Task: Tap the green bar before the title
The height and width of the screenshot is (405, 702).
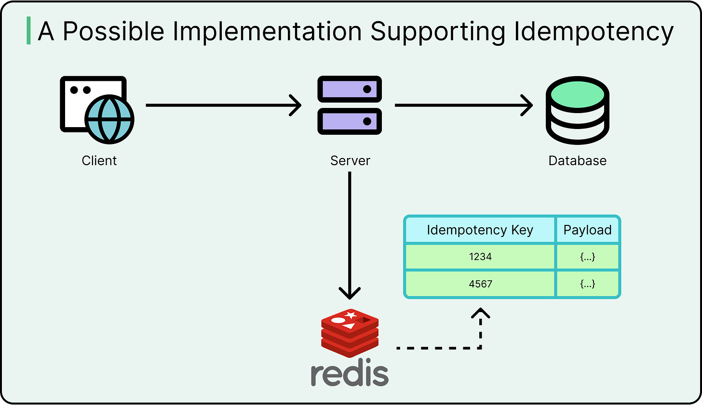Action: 28,30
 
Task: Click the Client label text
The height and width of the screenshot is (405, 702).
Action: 99,160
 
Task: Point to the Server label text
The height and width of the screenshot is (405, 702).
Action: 350,160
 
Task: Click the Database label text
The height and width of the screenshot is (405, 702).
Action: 577,160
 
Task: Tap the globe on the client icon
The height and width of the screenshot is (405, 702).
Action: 109,119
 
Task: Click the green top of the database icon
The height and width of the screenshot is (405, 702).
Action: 578,95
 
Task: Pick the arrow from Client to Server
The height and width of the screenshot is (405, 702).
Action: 223,105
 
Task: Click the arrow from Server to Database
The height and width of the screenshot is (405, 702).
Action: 463,105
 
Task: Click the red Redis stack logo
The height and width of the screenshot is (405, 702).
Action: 350,332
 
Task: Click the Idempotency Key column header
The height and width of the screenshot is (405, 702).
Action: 480,230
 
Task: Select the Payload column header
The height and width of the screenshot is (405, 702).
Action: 587,230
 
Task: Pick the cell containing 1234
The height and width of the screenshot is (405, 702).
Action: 480,257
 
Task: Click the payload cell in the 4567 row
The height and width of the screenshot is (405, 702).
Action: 587,284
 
